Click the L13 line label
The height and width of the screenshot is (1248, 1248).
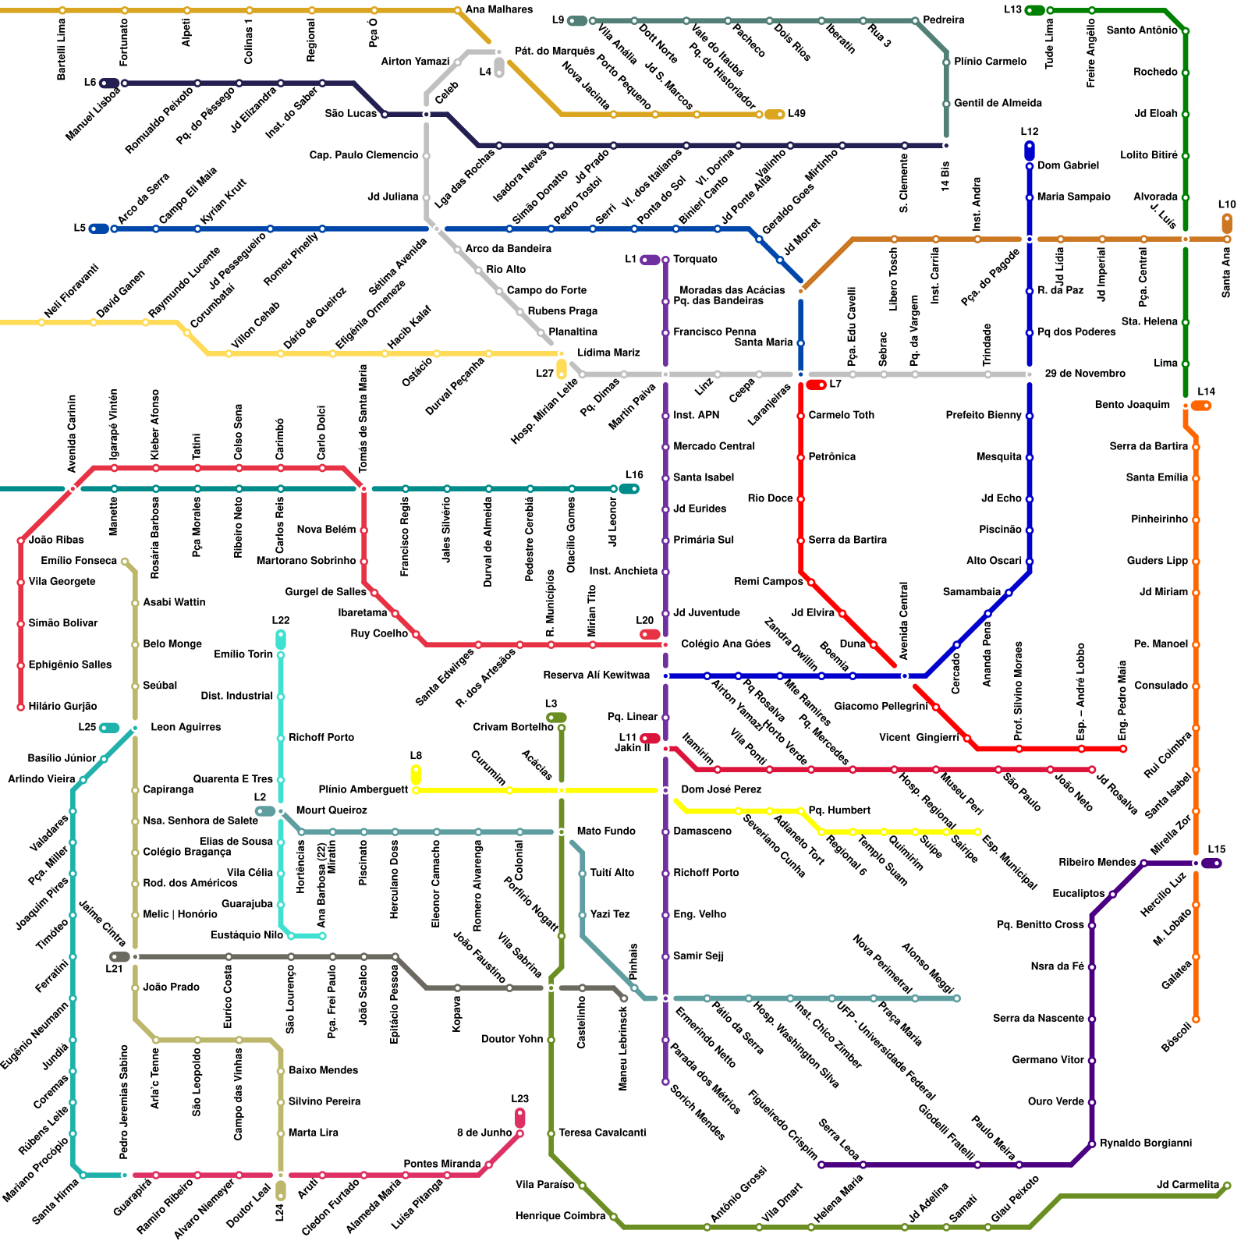(x=1012, y=9)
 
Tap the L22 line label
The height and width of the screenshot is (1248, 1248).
(x=281, y=621)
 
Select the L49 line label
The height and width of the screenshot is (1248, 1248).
(x=796, y=114)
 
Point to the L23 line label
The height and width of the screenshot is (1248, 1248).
(x=520, y=1100)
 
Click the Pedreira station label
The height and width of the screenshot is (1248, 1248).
(x=943, y=19)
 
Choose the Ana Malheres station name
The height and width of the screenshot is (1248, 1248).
(x=498, y=9)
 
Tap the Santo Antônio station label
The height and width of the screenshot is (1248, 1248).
(x=1141, y=30)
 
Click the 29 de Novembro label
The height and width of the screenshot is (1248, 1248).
(x=1084, y=374)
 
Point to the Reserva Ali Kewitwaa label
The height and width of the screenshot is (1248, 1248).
(x=596, y=675)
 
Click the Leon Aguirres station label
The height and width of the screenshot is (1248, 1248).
(x=186, y=727)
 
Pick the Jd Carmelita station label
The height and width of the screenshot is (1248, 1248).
(x=1187, y=1185)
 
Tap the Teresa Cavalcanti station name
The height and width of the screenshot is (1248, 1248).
(x=602, y=1133)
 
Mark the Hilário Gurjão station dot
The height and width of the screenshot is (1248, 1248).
(x=21, y=707)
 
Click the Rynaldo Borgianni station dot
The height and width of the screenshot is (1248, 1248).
(x=1092, y=1144)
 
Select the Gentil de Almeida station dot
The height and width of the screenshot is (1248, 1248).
(x=947, y=104)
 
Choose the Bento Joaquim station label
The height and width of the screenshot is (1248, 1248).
(x=1132, y=405)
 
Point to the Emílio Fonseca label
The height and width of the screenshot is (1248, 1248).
(x=79, y=561)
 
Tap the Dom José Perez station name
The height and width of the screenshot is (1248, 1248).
(x=721, y=789)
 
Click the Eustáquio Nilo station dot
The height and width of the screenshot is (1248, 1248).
(x=322, y=935)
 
